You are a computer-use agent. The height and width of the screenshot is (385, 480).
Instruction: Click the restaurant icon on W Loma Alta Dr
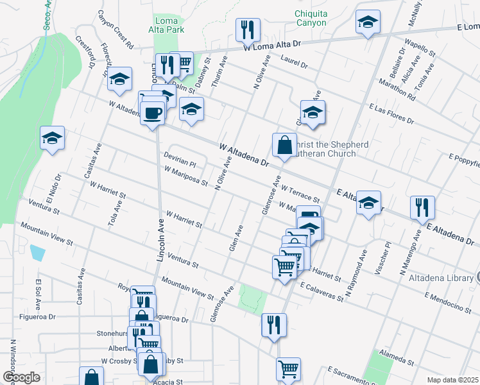pos(247,29)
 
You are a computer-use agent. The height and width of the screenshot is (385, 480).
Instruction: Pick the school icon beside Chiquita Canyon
pos(368,23)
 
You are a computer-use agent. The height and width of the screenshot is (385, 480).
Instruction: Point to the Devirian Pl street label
pos(178,160)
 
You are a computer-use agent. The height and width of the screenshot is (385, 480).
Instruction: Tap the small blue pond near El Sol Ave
pos(38,252)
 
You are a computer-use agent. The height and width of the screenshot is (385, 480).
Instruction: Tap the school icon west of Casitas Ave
pos(53,137)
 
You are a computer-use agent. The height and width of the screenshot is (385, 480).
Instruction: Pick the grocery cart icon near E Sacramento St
pos(288,368)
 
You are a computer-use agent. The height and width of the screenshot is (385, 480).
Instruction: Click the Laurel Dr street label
pos(295,62)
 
